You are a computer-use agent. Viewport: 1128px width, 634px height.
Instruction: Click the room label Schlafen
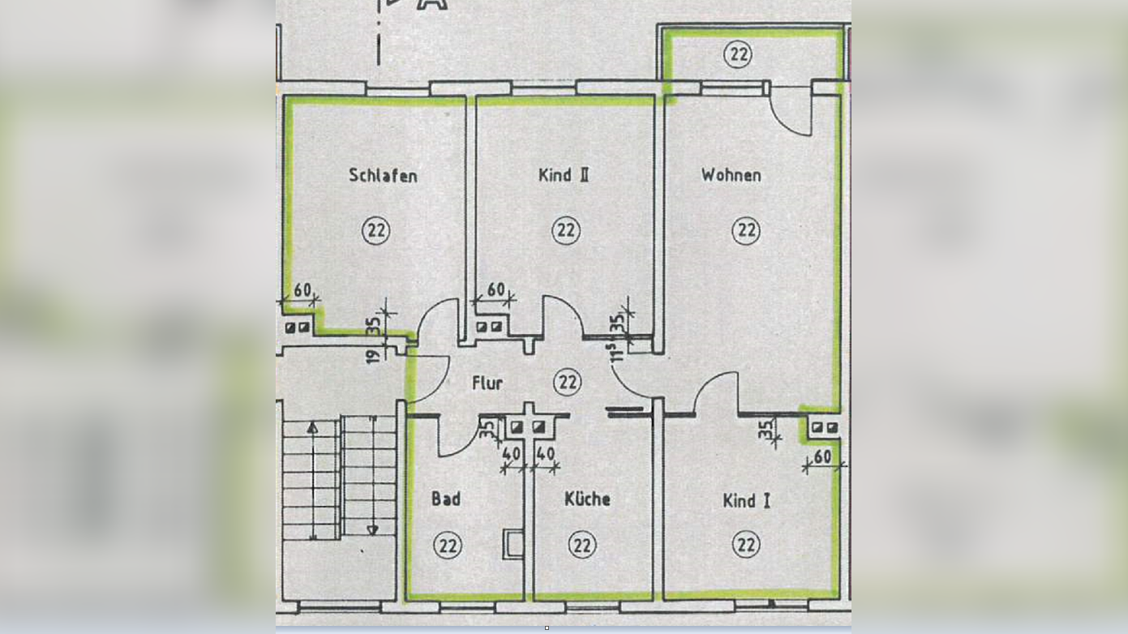tap(383, 175)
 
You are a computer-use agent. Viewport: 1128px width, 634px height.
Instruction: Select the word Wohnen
tap(731, 175)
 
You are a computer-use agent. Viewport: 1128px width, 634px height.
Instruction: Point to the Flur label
tap(487, 383)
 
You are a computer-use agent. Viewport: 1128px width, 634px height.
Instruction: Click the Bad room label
tap(446, 499)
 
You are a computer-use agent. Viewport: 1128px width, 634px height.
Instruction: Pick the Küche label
tap(587, 499)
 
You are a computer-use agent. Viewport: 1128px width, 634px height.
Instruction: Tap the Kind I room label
tap(746, 501)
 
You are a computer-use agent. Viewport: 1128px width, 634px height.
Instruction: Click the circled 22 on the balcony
tap(738, 54)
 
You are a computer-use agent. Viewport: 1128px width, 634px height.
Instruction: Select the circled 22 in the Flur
tap(568, 381)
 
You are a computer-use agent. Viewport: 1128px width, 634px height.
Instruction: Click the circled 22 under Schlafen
tap(375, 230)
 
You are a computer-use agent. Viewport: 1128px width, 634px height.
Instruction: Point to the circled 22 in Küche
tap(582, 545)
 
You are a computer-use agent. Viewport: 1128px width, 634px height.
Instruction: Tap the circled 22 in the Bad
tap(447, 546)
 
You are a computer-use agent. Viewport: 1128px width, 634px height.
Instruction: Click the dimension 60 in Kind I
tap(822, 457)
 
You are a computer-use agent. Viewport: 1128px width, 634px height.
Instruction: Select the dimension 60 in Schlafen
tap(302, 290)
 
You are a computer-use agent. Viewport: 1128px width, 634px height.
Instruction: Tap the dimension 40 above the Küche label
tap(545, 454)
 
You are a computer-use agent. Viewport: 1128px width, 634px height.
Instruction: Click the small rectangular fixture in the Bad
tap(513, 544)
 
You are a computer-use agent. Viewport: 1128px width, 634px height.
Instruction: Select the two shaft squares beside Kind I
tap(825, 427)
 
